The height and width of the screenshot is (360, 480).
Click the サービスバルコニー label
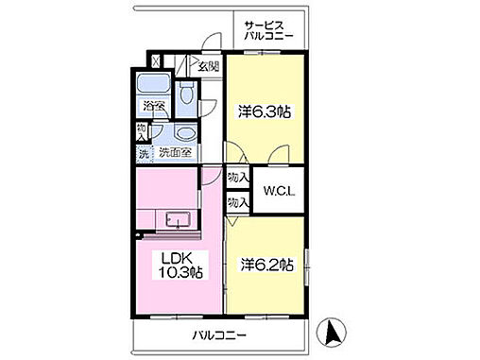coord(268,29)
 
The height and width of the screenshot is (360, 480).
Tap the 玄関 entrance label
coord(208,65)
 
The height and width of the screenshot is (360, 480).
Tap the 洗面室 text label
coord(174,152)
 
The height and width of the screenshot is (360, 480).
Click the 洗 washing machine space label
coord(143,152)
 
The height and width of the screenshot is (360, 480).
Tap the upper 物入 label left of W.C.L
coord(238,178)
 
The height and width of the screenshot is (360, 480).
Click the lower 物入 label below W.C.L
coord(238,201)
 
